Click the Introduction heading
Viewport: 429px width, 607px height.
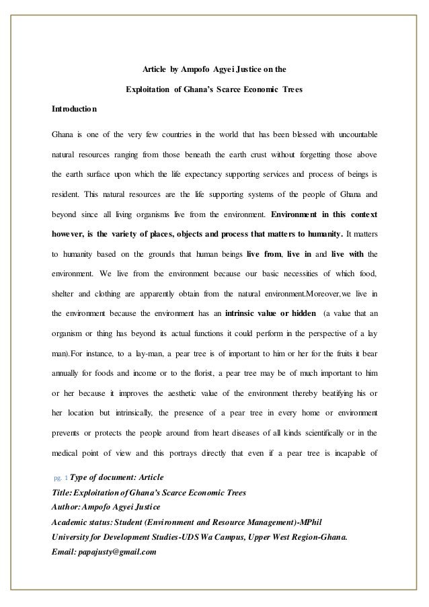[x=75, y=109]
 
